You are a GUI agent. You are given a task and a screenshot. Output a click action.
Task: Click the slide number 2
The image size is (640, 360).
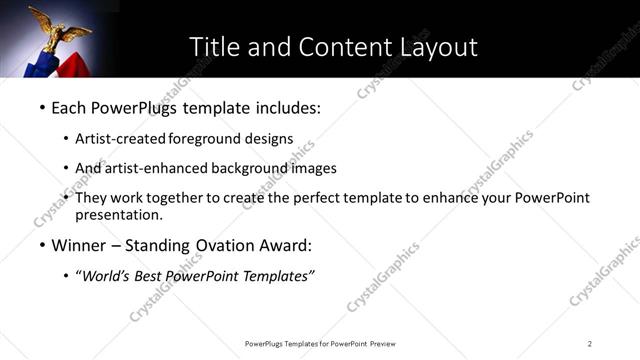(x=590, y=343)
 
